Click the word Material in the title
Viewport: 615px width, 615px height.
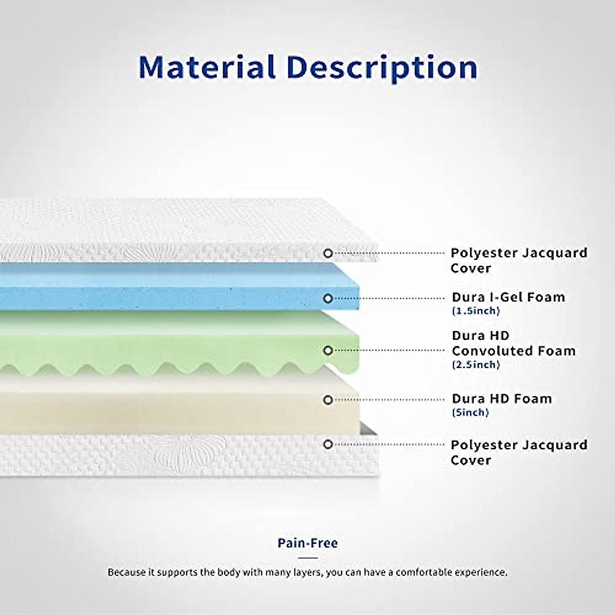point(207,67)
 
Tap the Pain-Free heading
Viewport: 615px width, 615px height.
point(307,543)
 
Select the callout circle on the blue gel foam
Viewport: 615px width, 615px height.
point(328,298)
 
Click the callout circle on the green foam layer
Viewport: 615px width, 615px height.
point(328,351)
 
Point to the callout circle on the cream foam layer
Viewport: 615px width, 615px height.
point(328,400)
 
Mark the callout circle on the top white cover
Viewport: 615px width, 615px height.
point(328,253)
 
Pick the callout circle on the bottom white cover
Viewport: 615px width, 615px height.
point(328,444)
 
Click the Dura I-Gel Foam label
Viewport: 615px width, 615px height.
point(508,297)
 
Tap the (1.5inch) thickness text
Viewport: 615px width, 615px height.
point(476,311)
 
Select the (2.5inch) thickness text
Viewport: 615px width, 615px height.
point(476,365)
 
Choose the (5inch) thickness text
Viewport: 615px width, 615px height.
point(470,413)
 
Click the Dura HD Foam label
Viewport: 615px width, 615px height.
point(502,399)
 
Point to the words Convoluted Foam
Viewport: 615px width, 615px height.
point(514,351)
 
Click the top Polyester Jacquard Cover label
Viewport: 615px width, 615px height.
point(519,260)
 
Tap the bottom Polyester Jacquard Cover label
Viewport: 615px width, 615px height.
point(519,452)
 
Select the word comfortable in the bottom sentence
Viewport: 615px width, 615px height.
point(424,572)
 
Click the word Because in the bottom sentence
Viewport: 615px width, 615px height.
point(127,572)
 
